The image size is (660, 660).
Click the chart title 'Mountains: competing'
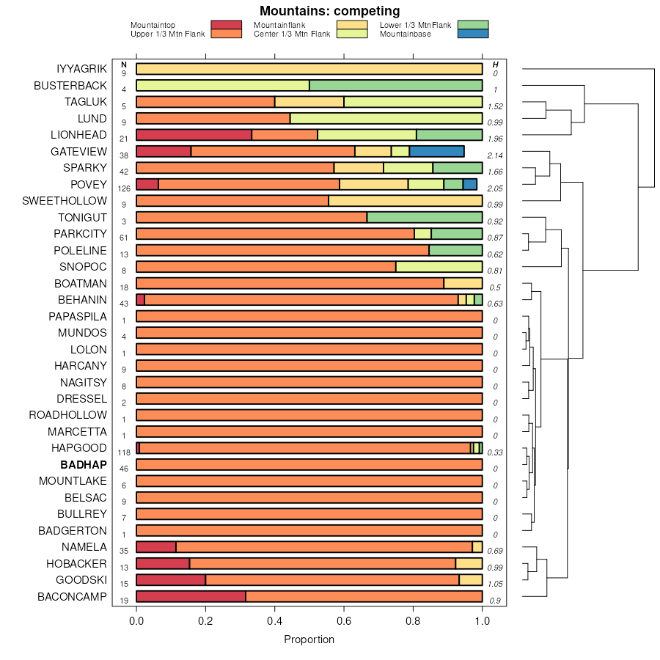pos(329,11)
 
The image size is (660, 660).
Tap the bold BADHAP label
pos(84,465)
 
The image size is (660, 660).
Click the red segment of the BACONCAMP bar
pos(191,597)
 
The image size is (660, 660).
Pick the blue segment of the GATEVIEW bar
pos(436,152)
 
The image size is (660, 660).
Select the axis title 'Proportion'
pos(309,639)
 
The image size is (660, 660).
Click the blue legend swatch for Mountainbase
pos(472,34)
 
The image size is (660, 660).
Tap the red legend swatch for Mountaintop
pos(226,25)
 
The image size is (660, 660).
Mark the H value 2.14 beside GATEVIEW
pos(495,155)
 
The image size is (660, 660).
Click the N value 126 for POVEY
pos(124,188)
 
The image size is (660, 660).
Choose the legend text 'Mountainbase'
pos(406,34)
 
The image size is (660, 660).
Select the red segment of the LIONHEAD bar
pos(194,135)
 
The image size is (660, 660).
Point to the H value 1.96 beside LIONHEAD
pos(495,139)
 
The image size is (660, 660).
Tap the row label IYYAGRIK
pos(81,69)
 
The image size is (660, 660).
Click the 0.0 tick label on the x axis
pos(136,622)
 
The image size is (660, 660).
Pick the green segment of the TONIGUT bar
pos(425,218)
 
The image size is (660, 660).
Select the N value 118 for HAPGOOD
pos(124,452)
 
